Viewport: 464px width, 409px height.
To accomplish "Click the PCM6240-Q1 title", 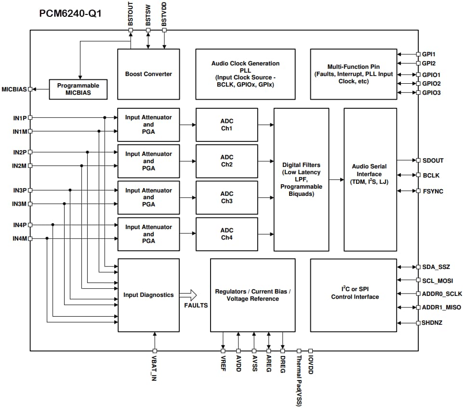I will tap(70, 13).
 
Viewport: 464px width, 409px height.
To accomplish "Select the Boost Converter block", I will tap(148, 74).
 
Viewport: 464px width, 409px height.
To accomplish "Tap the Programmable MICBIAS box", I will tap(78, 89).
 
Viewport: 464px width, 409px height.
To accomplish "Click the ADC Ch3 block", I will tap(226, 197).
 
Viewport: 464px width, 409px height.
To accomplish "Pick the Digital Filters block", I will tap(301, 179).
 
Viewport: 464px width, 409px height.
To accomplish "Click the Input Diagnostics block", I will tap(148, 295).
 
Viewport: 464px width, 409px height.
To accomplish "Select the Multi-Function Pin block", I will tap(353, 74).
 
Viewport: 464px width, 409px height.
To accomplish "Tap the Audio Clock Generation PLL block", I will tap(245, 74).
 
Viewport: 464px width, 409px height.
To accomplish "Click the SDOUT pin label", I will tap(433, 161).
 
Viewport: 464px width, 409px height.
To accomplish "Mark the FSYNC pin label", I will tap(432, 192).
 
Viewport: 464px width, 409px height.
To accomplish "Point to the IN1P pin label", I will tap(19, 118).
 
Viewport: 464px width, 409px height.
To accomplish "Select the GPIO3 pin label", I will tap(431, 93).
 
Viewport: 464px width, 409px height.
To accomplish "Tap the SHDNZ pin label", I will tap(432, 323).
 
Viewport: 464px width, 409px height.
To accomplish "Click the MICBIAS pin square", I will tap(30, 89).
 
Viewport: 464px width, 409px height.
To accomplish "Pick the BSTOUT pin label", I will tap(131, 15).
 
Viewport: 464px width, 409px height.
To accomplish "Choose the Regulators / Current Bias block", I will tap(252, 295).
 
